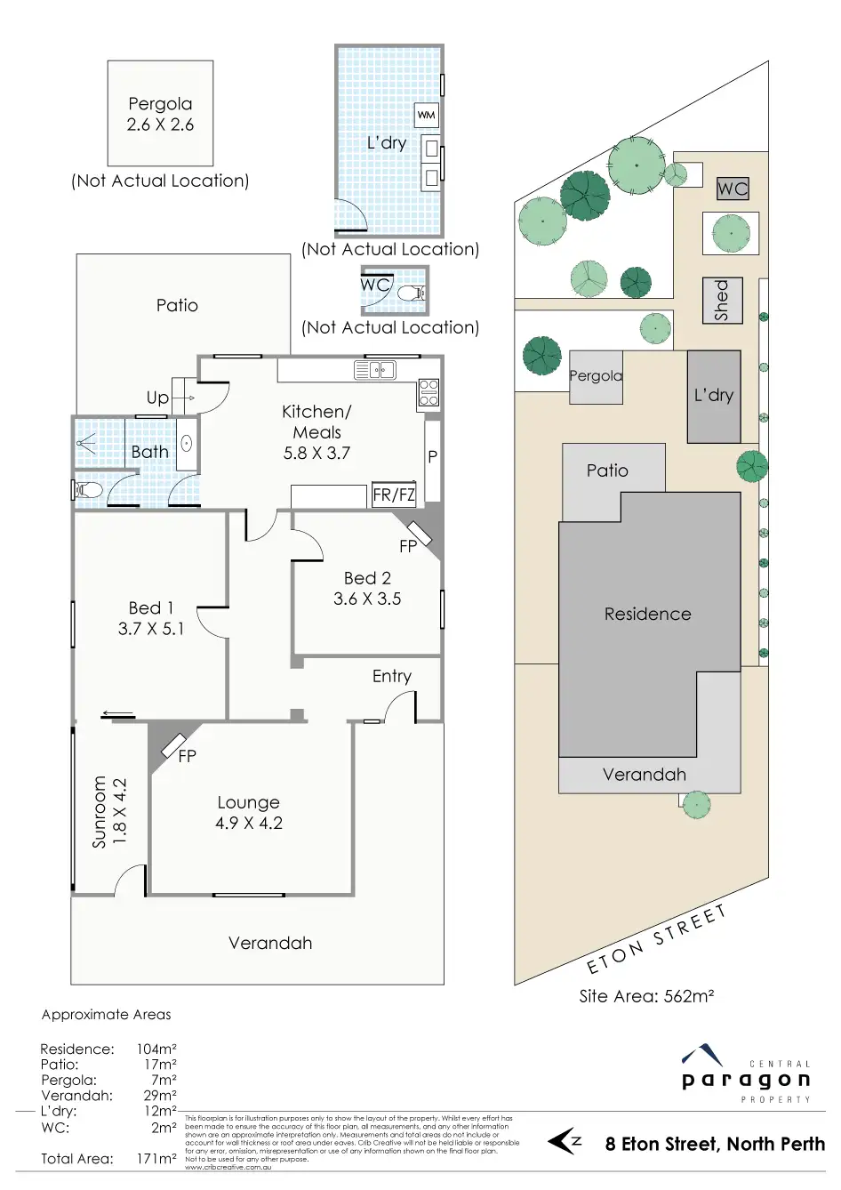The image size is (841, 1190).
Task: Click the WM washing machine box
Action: click(x=427, y=115)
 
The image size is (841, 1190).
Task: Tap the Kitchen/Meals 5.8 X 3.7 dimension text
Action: click(x=316, y=453)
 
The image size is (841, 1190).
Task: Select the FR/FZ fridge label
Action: click(x=394, y=495)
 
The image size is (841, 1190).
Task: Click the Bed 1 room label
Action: click(x=151, y=608)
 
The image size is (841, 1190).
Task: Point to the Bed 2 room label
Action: click(x=367, y=578)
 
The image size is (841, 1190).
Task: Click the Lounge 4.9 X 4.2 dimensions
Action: click(x=249, y=824)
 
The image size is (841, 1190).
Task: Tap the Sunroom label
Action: click(x=100, y=812)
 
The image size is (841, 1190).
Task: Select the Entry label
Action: click(x=392, y=676)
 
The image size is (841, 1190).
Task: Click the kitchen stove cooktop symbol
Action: click(x=429, y=392)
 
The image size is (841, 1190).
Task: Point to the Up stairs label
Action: click(x=157, y=398)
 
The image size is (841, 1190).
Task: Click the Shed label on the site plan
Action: click(x=722, y=300)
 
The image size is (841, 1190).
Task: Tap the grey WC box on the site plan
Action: click(x=733, y=189)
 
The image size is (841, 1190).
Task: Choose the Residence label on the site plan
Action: click(x=647, y=614)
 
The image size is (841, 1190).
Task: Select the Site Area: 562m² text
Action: click(x=646, y=996)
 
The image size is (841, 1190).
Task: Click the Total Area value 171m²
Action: click(x=156, y=1159)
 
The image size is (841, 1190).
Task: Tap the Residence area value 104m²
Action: click(x=156, y=1049)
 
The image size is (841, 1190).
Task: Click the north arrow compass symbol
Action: click(x=565, y=1141)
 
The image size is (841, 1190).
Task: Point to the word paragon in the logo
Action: click(x=746, y=1081)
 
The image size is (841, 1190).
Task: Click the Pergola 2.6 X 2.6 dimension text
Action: click(x=160, y=125)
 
